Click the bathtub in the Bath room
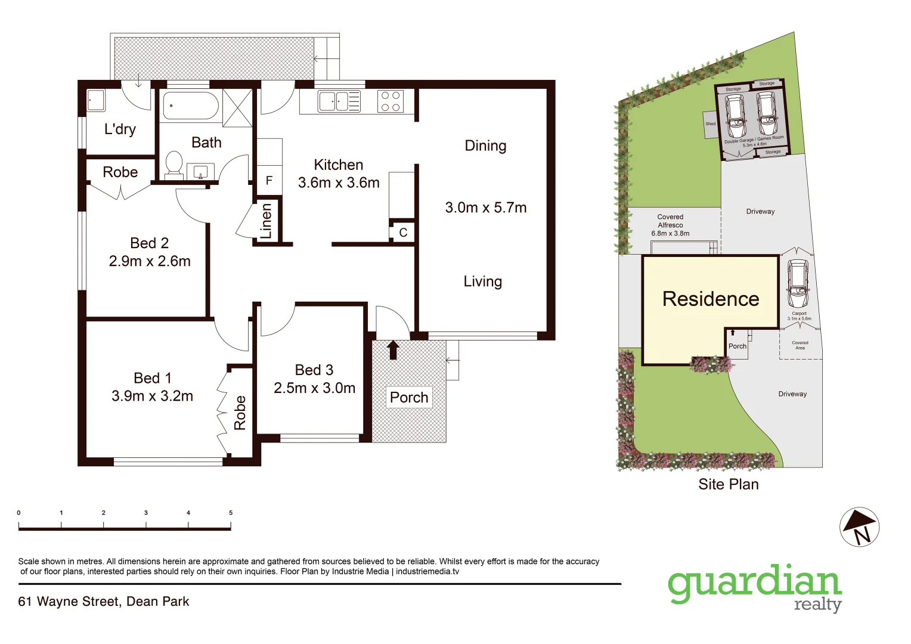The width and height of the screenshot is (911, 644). click(191, 106)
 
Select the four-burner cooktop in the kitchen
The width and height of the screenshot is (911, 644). click(391, 101)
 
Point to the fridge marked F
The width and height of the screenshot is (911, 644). click(269, 180)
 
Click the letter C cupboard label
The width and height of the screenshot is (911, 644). click(403, 233)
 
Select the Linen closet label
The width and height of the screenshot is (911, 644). click(266, 221)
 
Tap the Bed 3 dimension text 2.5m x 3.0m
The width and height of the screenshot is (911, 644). click(314, 388)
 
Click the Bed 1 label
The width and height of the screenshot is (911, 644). click(153, 378)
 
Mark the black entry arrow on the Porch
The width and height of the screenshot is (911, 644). click(393, 349)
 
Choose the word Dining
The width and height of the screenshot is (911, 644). click(485, 146)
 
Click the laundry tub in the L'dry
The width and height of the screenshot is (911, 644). click(96, 100)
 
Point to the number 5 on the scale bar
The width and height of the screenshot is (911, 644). click(231, 513)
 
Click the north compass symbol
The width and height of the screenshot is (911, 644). click(859, 527)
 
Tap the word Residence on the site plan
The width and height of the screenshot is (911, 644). click(711, 299)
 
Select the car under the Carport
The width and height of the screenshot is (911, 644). click(798, 284)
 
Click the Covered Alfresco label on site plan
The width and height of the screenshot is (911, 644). click(670, 225)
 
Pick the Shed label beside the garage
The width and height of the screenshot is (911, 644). click(710, 124)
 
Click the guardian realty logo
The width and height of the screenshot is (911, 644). click(755, 587)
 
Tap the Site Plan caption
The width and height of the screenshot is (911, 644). click(729, 484)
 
